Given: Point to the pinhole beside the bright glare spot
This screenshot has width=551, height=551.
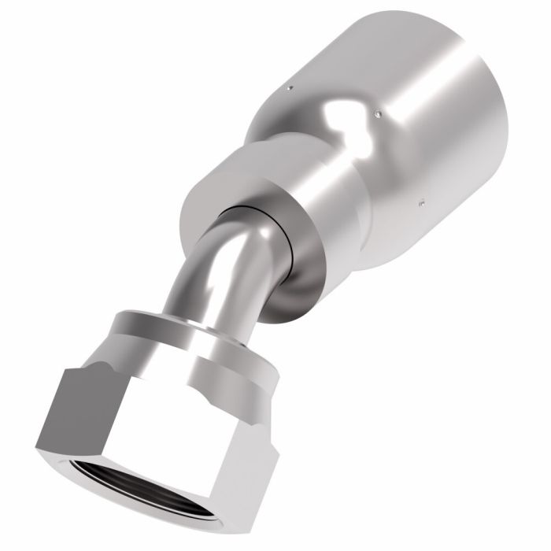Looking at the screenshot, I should point(378,114).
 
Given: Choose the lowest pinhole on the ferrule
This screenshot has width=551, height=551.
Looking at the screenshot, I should point(422,202).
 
